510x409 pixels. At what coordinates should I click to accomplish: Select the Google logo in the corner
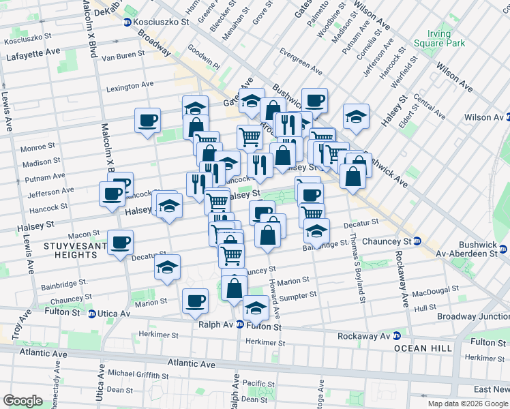[22, 400]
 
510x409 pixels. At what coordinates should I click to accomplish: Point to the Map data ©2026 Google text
[468, 404]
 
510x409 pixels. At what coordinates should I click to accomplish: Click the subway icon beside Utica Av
[92, 314]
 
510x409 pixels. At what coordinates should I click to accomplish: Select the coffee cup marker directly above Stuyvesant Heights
[121, 242]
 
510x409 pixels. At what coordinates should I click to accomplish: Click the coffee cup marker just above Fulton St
[195, 300]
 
